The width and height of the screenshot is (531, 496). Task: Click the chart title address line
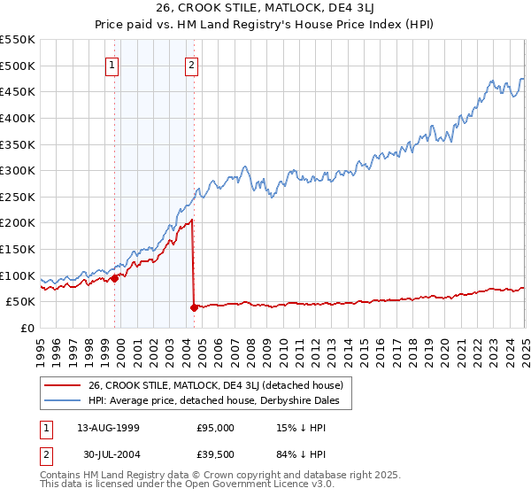coord(265,10)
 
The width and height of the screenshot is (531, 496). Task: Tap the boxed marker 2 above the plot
coord(192,64)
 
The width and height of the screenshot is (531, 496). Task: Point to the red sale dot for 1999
coord(114,278)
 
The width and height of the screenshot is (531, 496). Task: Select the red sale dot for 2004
coord(194,307)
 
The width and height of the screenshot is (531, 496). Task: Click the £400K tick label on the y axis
coord(18,118)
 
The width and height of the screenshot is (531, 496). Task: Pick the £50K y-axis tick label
coord(20,302)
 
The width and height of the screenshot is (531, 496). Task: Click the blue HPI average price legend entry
coord(219,400)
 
